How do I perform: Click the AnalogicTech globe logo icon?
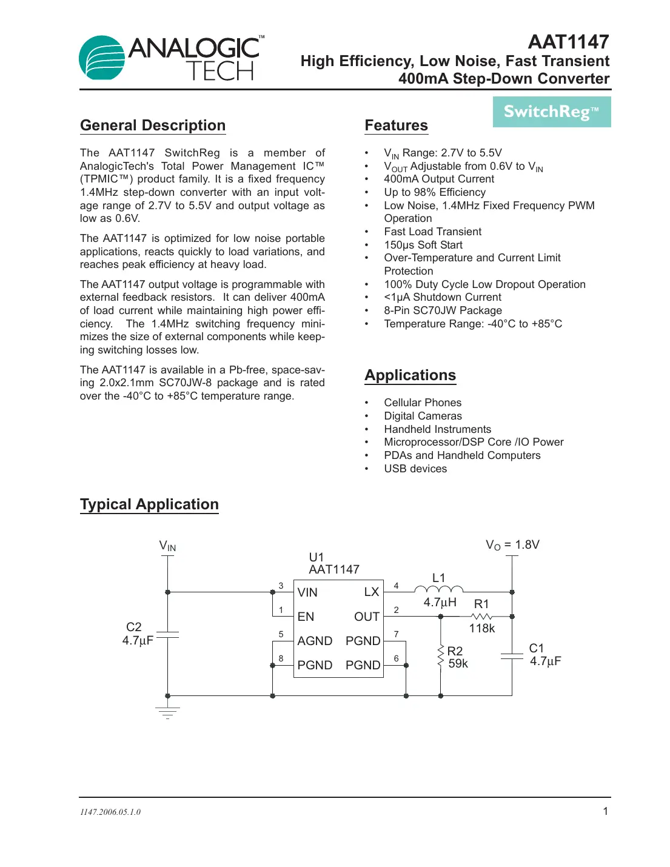pos(102,58)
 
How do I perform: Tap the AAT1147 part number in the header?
pos(568,42)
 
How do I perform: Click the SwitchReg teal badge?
pos(551,112)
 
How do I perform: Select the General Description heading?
pos(153,126)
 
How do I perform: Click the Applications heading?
pos(410,375)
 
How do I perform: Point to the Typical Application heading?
pos(149,504)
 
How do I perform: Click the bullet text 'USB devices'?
pos(415,469)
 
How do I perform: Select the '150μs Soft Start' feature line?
pos(423,245)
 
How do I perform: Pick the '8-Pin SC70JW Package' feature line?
pos(443,310)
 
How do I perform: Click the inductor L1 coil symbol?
pos(438,589)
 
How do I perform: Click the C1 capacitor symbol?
pos(512,656)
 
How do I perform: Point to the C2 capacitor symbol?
pos(168,634)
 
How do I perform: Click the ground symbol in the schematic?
pos(168,712)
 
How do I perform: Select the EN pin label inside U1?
pos(306,617)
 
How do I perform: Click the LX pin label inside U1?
pos(371,592)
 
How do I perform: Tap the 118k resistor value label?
pos(482,629)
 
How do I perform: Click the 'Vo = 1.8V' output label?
pos(512,545)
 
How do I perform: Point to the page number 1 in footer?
pos(605,811)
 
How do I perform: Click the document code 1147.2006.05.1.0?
pos(110,812)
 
